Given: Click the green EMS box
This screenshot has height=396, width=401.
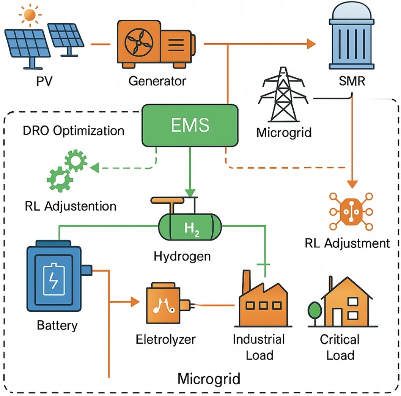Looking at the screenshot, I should [190, 124].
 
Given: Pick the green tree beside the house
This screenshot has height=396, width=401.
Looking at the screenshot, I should [315, 311].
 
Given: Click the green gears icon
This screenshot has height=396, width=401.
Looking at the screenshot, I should [67, 171].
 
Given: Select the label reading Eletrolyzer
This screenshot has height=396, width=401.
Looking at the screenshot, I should [166, 339].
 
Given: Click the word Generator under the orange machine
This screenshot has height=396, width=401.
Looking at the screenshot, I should [157, 81].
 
